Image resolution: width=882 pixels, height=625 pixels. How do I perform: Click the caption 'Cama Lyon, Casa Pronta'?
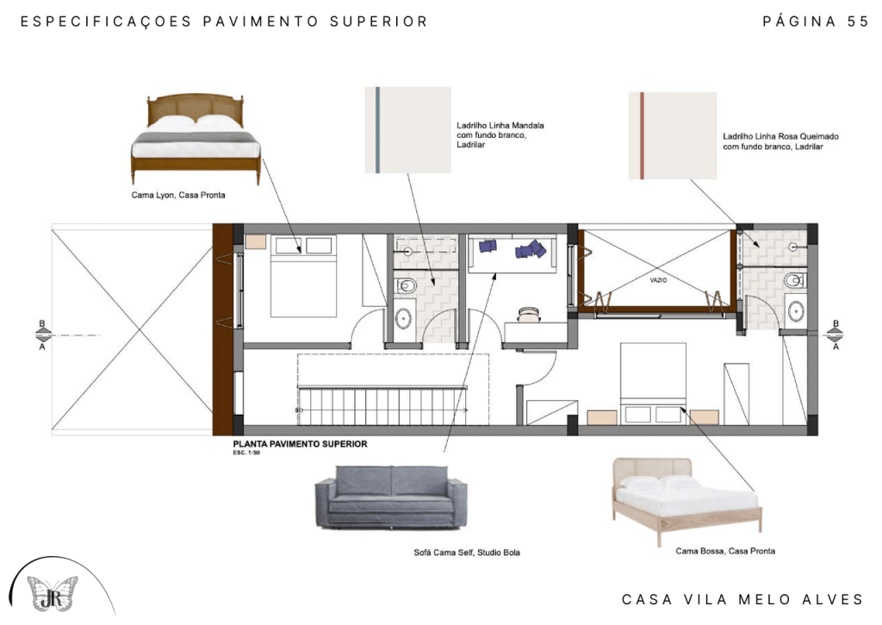point(178,196)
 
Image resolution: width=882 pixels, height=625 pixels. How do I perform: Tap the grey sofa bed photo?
point(391,497)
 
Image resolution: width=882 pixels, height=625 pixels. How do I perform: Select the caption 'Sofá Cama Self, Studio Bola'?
point(467,553)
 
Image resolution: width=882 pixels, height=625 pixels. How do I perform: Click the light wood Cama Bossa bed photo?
point(686,501)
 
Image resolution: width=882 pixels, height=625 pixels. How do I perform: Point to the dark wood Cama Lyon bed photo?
point(196,139)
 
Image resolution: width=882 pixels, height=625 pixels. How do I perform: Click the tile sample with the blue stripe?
point(407,130)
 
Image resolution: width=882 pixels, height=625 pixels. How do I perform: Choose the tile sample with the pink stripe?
point(673,135)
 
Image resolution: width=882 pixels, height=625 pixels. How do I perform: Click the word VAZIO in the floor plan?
point(658,280)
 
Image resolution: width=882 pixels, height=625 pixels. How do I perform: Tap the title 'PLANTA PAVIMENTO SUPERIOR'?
point(300,444)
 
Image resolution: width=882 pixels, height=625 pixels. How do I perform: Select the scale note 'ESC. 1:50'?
point(246,453)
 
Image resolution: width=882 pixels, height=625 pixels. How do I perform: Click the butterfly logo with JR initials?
point(53,593)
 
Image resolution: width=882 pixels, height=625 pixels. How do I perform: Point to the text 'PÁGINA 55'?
point(816,22)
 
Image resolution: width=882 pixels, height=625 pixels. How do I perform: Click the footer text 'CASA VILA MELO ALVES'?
point(742,600)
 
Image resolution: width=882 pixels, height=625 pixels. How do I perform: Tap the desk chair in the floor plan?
point(529,315)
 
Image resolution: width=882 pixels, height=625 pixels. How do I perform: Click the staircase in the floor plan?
point(382,405)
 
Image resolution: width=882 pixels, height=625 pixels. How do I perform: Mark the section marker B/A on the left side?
point(43,335)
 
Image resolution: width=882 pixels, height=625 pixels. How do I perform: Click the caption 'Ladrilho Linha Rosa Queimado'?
point(780,136)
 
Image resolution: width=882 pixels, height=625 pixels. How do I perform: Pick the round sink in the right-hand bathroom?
point(795,311)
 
